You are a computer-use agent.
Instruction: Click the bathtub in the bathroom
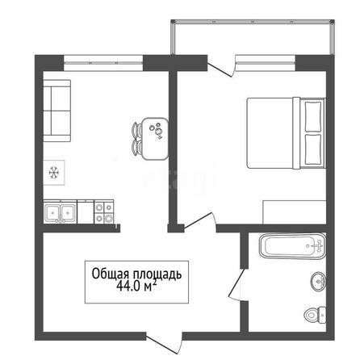(x=293, y=246)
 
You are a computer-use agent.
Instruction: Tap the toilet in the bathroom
(x=315, y=314)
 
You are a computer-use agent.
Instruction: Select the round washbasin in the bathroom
(x=319, y=282)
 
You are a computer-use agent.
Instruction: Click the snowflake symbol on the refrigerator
(x=54, y=173)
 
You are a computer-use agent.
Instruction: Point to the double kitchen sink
(x=60, y=211)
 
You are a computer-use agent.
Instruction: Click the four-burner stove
(x=104, y=211)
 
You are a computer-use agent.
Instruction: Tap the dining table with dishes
(x=155, y=139)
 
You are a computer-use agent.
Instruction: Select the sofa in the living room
(x=57, y=111)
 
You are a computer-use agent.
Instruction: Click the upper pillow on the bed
(x=313, y=116)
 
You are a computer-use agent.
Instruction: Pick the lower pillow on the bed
(x=313, y=149)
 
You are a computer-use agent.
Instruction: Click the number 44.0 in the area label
(x=128, y=287)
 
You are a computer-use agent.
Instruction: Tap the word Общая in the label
(x=111, y=274)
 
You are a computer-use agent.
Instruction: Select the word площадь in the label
(x=157, y=274)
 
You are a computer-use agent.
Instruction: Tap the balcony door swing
(x=221, y=67)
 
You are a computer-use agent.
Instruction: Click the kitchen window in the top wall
(x=103, y=63)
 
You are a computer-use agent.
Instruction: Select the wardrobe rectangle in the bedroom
(x=295, y=212)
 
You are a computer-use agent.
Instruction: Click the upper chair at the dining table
(x=137, y=129)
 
